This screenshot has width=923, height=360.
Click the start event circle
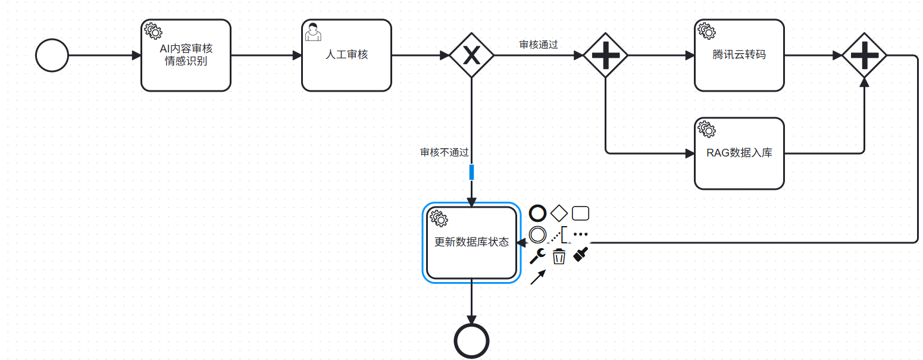click(52, 55)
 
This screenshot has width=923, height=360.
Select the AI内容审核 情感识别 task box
click(186, 55)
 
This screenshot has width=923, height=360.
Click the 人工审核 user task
click(346, 55)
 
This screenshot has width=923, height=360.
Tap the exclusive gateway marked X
click(471, 55)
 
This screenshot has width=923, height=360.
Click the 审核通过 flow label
click(538, 45)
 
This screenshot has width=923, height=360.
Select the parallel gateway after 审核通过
click(605, 55)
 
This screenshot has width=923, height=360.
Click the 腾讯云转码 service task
click(739, 55)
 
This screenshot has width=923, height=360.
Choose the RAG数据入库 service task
click(739, 154)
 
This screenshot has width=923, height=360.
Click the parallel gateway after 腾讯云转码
click(864, 55)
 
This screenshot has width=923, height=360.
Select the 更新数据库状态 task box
click(471, 243)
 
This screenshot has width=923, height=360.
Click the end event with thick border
click(471, 341)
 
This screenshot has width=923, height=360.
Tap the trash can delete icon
click(559, 257)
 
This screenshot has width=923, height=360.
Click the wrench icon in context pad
click(537, 256)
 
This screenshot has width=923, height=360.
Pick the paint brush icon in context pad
click(580, 255)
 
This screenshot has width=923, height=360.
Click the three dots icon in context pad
click(580, 234)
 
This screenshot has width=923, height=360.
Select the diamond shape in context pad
click(559, 213)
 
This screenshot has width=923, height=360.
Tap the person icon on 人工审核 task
click(313, 32)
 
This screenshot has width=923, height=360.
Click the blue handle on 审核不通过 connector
click(471, 172)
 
